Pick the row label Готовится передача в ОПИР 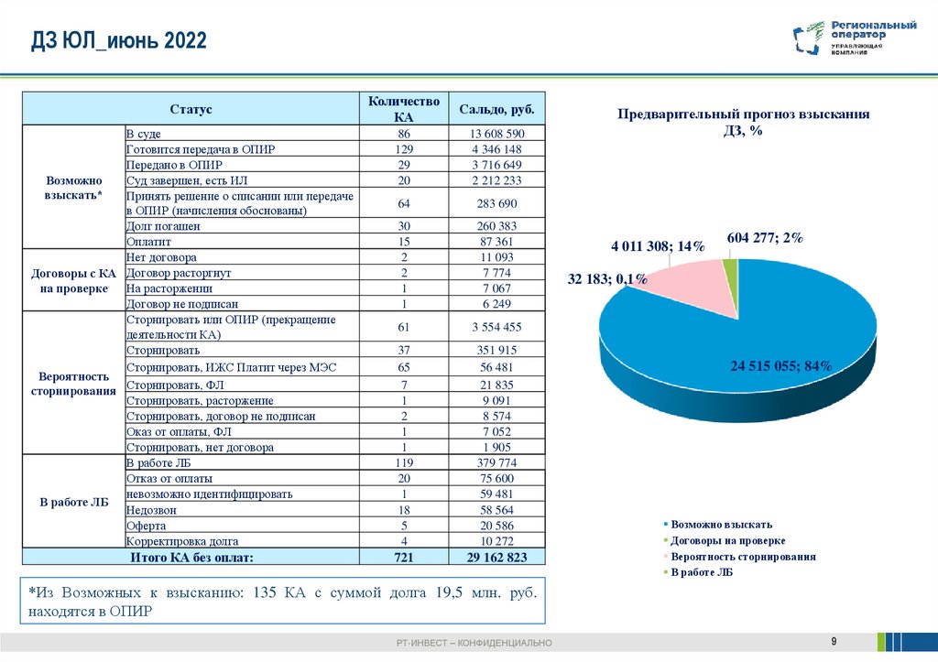click(201, 149)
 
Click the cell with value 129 click(404, 149)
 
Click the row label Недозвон click(152, 510)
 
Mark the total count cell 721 click(404, 557)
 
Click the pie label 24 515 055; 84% click(780, 366)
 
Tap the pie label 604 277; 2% click(765, 238)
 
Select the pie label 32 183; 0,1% click(607, 279)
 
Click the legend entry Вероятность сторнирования click(742, 556)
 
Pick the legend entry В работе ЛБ click(701, 572)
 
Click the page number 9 click(834, 639)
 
